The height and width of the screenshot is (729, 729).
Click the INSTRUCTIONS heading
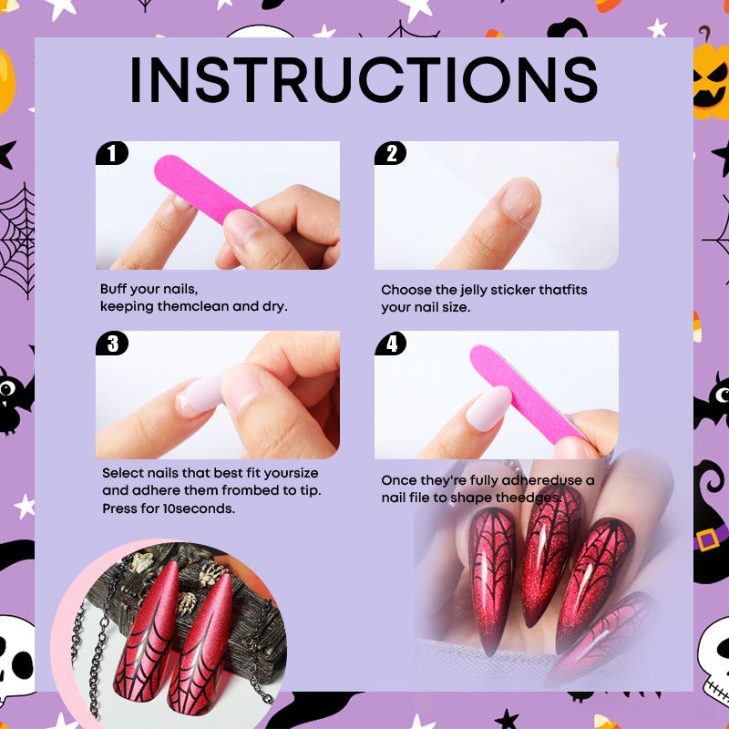tap(364, 80)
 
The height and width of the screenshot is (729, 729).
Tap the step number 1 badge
tap(112, 153)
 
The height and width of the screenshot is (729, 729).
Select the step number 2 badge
tap(391, 153)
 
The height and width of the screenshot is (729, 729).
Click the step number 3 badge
tap(112, 343)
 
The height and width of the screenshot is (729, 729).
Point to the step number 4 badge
tap(391, 343)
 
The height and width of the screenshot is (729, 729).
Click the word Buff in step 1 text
tap(114, 289)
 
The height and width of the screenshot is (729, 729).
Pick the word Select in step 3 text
tap(122, 473)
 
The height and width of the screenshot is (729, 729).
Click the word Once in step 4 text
tap(398, 479)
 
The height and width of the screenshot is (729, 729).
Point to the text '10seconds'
tap(203, 508)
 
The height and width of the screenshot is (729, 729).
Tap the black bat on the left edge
tap(16, 397)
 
